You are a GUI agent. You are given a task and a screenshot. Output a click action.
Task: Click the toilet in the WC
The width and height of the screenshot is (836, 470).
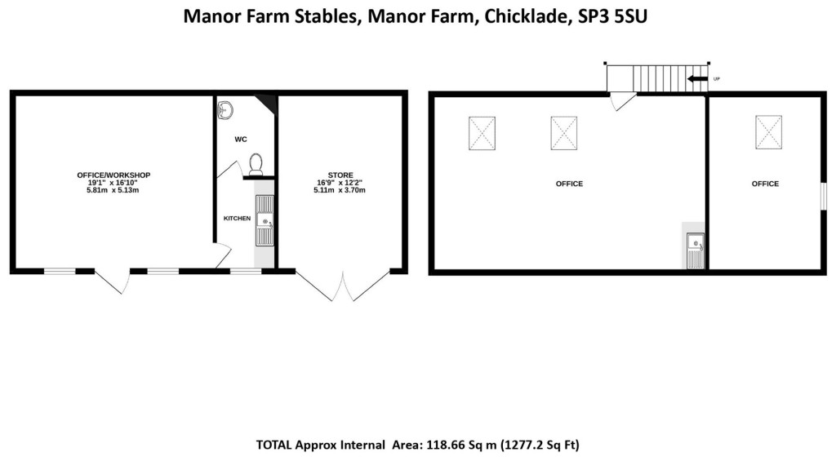point(256,163)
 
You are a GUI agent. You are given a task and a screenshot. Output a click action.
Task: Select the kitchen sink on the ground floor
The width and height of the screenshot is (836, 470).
point(265,219)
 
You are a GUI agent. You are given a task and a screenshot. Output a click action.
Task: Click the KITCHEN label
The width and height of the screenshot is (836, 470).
point(237,219)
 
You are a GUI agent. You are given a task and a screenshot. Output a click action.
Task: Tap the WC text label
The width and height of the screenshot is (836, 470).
point(241,140)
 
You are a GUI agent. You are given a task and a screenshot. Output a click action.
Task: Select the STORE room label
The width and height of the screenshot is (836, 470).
point(340,175)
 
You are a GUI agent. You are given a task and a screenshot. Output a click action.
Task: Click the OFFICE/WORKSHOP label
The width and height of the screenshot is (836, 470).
point(113,175)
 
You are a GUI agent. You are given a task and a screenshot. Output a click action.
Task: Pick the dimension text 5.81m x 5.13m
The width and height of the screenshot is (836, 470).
point(113,190)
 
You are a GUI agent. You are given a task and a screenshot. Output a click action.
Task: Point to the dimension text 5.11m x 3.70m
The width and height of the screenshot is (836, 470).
point(340,190)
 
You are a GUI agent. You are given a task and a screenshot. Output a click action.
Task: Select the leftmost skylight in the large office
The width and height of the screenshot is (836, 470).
point(482,133)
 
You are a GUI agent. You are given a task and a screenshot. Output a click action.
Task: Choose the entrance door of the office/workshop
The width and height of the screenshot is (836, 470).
point(113,282)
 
